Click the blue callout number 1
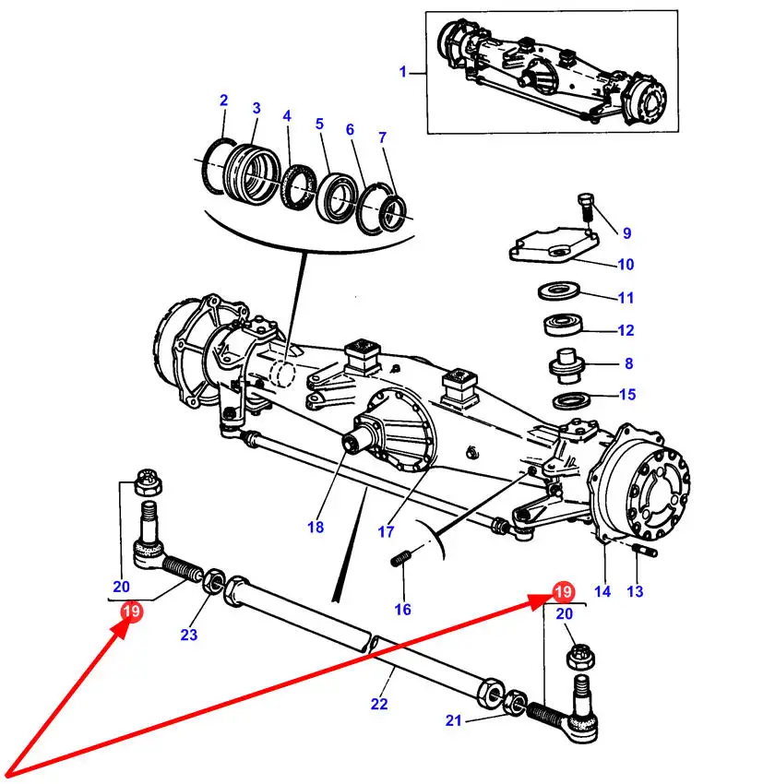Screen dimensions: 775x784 tap(403, 72)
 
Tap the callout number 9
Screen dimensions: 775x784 tap(626, 233)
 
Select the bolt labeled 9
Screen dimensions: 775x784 tap(586, 207)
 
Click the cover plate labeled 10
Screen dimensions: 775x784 tap(554, 244)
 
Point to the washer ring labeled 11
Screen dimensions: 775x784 tap(559, 291)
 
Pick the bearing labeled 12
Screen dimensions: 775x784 tap(563, 325)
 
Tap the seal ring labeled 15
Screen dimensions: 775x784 tap(571, 400)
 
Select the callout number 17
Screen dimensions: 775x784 tap(386, 531)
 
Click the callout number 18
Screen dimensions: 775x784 tap(316, 527)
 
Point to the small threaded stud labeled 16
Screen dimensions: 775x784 tap(401, 559)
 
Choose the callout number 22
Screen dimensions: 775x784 tap(379, 704)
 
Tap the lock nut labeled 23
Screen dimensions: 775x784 tap(214, 581)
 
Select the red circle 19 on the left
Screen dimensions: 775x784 tap(132, 611)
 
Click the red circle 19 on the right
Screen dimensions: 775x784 tap(563, 592)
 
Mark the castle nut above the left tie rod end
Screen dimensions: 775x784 tap(149, 482)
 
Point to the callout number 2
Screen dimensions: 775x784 tap(223, 100)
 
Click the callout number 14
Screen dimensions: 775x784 tap(602, 591)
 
